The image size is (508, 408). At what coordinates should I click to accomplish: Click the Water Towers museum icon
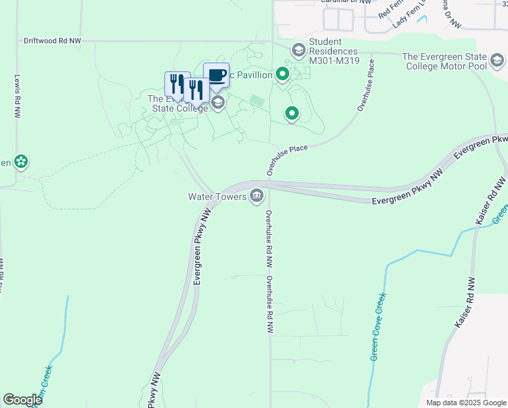tap(257, 197)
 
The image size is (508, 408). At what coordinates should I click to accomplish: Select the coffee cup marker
tap(216, 75)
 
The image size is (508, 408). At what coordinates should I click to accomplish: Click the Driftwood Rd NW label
tap(52, 41)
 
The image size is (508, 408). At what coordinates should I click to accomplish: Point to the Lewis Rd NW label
tap(16, 96)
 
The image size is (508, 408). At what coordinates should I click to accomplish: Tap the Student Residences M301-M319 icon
tap(298, 50)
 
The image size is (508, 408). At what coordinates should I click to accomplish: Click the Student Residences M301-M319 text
tap(333, 52)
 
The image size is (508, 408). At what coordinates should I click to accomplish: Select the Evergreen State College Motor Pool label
tap(454, 62)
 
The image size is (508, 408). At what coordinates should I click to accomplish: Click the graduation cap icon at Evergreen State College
tap(218, 103)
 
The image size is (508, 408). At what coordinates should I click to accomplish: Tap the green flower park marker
tap(21, 161)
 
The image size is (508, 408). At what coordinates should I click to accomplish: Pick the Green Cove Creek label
tap(378, 326)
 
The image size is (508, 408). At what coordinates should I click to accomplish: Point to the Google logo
tap(22, 400)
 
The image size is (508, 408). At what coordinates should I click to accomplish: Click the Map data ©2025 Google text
tap(465, 403)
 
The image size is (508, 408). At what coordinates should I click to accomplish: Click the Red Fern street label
tap(390, 8)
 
